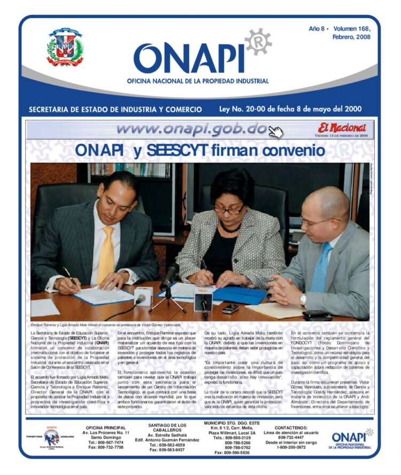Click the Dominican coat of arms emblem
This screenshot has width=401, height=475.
[65, 47]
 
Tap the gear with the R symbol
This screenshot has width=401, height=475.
[258, 41]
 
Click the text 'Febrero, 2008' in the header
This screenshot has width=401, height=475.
[351, 37]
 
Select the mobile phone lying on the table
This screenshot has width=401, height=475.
[231, 308]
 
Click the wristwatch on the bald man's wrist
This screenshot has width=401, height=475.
[303, 300]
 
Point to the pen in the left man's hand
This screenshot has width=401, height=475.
[71, 277]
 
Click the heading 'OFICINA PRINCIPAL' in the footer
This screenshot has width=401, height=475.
[106, 428]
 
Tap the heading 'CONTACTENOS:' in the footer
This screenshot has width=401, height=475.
[291, 428]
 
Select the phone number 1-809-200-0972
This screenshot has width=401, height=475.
[291, 447]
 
